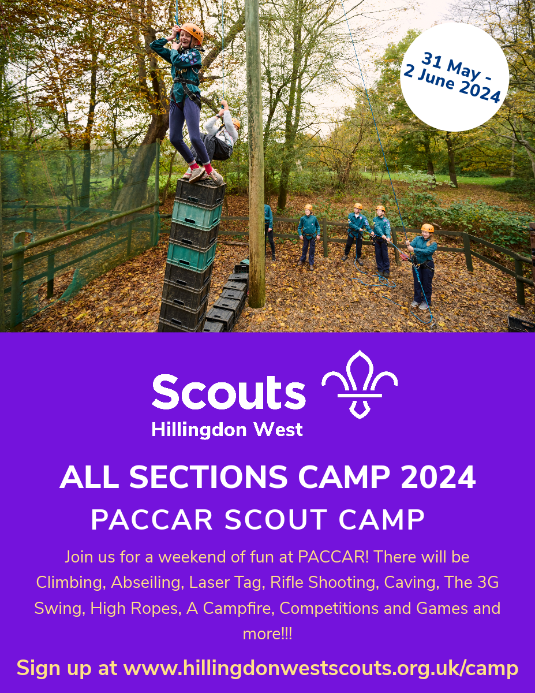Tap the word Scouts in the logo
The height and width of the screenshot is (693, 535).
click(229, 392)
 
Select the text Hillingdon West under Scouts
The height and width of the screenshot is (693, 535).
click(227, 430)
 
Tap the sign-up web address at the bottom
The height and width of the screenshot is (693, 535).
click(321, 668)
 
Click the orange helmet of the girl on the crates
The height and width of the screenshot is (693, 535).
click(192, 33)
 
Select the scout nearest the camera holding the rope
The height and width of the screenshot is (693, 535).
click(424, 263)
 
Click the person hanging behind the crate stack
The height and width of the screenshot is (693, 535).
click(221, 134)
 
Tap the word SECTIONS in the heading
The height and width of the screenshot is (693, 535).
click(208, 478)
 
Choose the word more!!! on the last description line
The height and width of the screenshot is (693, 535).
click(267, 634)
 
